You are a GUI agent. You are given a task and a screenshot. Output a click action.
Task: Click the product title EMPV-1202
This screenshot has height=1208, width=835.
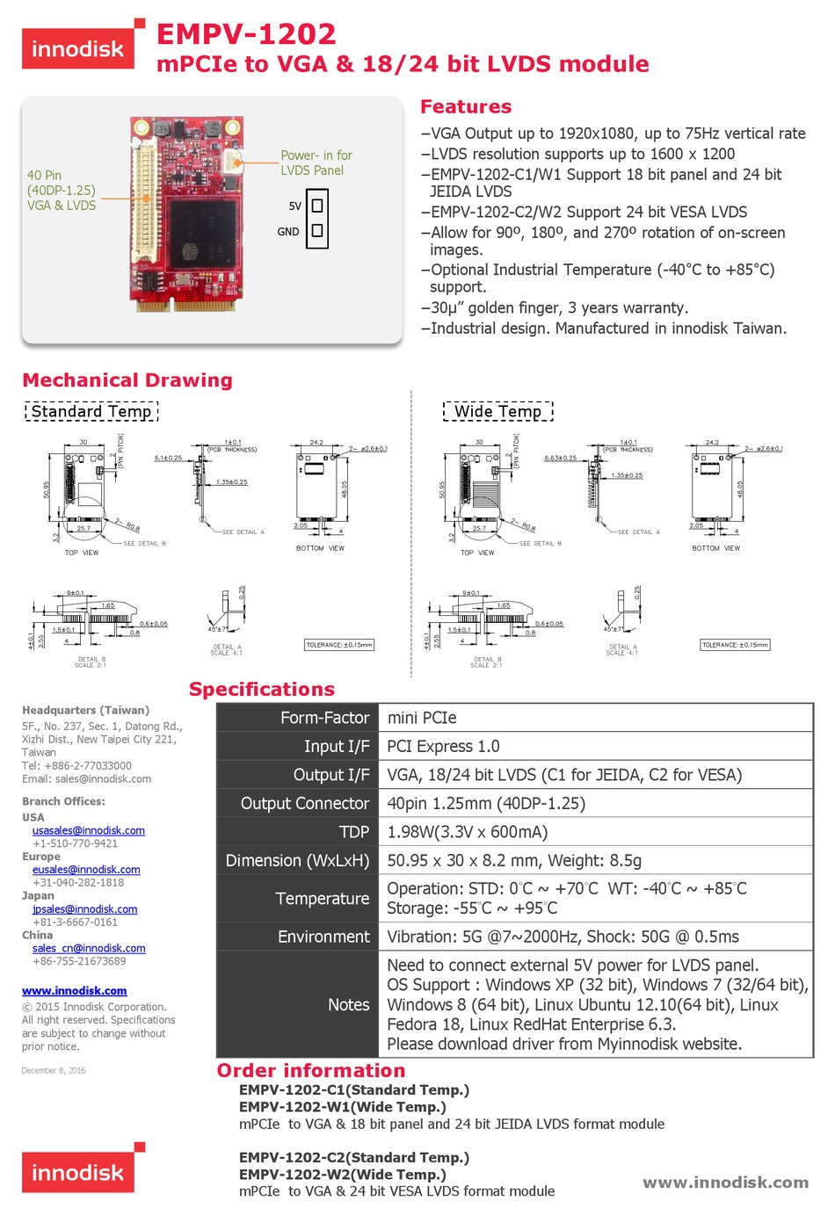(246, 34)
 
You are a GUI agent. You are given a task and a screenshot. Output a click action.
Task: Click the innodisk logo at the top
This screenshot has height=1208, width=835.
(78, 48)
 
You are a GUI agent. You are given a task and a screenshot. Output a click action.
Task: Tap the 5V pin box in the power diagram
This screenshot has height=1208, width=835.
(317, 206)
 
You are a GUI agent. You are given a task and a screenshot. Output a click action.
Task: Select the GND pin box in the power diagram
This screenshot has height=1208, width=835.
(317, 231)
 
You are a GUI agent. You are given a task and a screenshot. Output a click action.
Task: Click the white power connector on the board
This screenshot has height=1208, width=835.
(234, 162)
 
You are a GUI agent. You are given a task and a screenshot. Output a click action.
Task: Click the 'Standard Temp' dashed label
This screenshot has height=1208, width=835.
(91, 411)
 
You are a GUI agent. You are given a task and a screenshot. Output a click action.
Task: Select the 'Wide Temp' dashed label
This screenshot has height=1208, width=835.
(497, 411)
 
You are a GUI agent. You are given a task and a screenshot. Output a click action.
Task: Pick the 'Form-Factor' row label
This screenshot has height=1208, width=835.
(324, 718)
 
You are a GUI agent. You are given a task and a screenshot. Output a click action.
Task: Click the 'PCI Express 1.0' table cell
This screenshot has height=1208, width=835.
(443, 746)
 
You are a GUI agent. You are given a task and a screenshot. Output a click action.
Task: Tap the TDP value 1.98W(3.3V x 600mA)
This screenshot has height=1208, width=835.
(467, 832)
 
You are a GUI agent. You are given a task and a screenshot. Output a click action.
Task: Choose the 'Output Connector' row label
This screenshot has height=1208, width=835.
(304, 803)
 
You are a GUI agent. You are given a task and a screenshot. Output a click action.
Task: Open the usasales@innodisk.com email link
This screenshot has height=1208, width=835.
(89, 830)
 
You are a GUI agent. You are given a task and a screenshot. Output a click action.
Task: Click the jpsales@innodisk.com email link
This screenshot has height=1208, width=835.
(85, 909)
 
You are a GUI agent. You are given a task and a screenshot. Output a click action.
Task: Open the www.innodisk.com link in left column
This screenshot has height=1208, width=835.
(75, 990)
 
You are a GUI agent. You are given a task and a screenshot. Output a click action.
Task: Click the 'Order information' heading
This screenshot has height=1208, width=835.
(311, 1070)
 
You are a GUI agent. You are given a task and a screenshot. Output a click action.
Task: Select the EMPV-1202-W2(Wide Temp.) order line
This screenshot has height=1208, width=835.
(343, 1175)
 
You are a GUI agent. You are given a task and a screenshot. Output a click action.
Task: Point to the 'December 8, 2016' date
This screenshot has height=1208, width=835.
(54, 1070)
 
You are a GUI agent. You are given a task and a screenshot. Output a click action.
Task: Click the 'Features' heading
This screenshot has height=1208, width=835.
(466, 106)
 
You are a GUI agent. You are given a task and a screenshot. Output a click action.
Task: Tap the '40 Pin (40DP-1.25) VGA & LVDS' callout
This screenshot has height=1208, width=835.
(61, 190)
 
